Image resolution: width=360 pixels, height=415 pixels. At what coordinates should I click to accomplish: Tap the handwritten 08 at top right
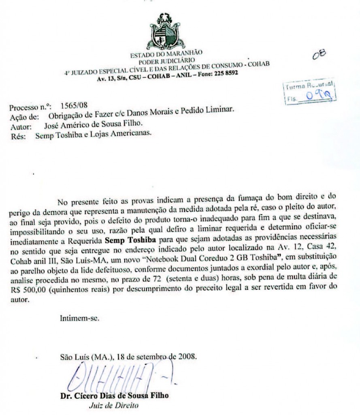[319, 56]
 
